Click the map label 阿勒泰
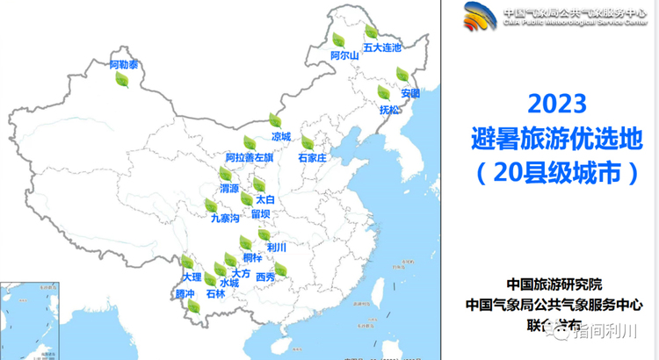tap(124, 65)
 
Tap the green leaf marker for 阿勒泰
tap(122, 80)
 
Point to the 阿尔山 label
tap(344, 55)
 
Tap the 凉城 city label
tap(280, 136)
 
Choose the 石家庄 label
tap(312, 158)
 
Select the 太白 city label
tap(264, 199)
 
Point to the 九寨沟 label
tap(225, 219)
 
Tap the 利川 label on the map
tap(277, 248)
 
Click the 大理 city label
tap(179, 277)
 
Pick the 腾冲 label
tap(185, 293)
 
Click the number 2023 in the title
tap(556, 104)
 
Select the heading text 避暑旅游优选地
tap(556, 138)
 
